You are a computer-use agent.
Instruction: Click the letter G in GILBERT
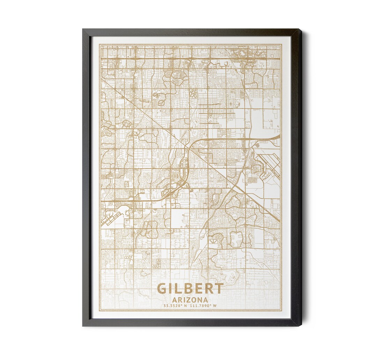click(162, 289)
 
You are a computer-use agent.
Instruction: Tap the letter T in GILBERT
click(219, 289)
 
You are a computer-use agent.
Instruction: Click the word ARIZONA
click(190, 300)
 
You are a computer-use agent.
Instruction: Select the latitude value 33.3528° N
click(175, 306)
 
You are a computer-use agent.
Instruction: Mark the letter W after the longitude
click(215, 306)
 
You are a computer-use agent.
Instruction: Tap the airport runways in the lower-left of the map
click(110, 219)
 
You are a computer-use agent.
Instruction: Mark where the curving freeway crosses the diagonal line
click(189, 149)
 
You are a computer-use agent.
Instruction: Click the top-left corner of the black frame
click(83, 30)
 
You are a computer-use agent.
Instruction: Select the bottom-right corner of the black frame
click(301, 325)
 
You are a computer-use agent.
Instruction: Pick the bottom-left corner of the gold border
click(99, 310)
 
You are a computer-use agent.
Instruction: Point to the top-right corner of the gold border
click(281, 44)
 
